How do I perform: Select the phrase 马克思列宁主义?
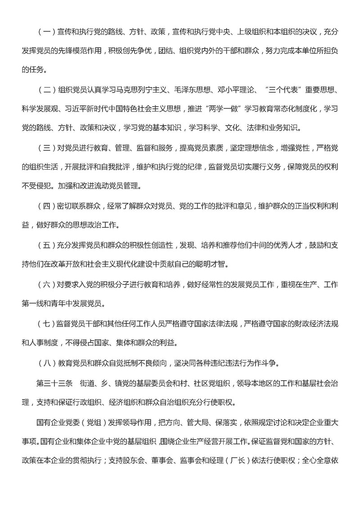pos(140,101)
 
